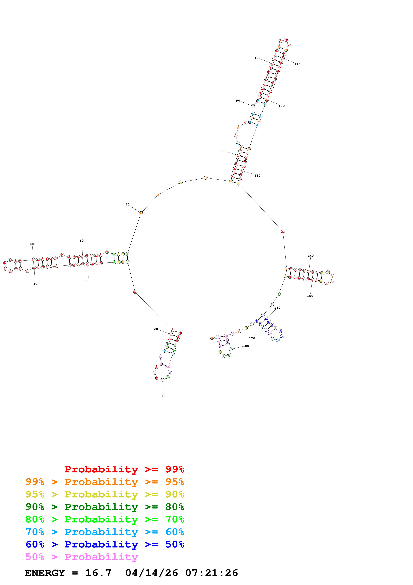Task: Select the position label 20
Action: (x=156, y=329)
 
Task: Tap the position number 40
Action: (x=35, y=284)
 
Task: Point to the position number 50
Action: (x=32, y=244)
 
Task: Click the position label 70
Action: (x=127, y=204)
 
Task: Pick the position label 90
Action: (x=238, y=101)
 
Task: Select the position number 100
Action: (x=257, y=58)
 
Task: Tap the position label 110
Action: (x=297, y=64)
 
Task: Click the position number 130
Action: (x=257, y=176)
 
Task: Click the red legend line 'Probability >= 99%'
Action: (x=124, y=469)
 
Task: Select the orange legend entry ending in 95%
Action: (x=105, y=482)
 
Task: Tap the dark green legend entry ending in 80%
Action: (x=105, y=507)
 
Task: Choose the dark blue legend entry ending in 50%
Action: (x=105, y=544)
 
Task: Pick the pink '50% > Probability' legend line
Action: (x=82, y=557)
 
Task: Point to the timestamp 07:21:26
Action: (x=211, y=573)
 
